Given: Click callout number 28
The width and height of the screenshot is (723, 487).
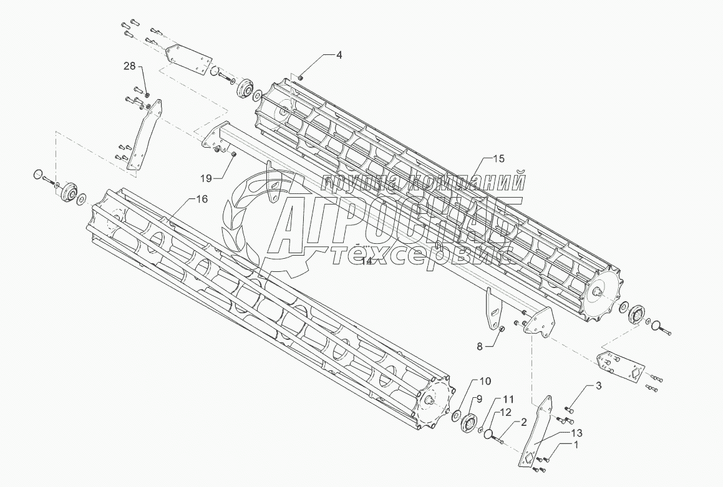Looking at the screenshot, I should (x=129, y=66).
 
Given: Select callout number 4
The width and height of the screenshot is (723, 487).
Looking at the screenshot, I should (x=339, y=55).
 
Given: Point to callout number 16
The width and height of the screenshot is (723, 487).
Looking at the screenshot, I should (x=201, y=199).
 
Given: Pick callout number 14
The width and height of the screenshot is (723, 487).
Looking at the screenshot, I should (x=367, y=261).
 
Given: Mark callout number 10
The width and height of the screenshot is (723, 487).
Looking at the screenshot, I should (x=485, y=380).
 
